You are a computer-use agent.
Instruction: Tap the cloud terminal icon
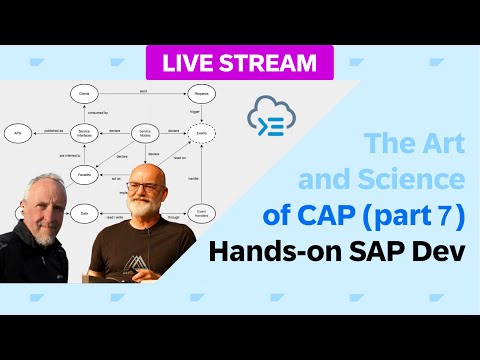click(277, 119)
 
